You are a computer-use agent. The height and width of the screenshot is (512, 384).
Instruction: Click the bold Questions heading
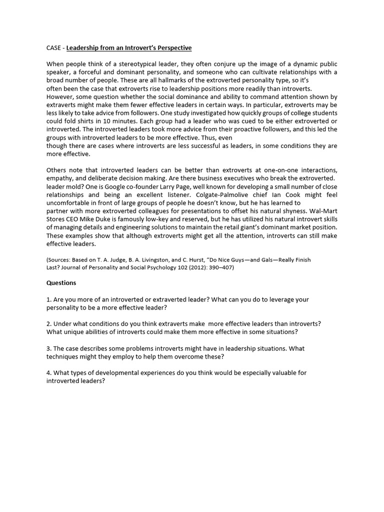(x=61, y=282)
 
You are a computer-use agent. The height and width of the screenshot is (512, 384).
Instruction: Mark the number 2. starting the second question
(x=49, y=323)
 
